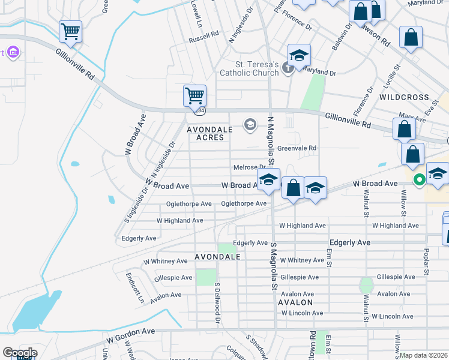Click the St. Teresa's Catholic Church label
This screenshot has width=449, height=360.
[256, 69]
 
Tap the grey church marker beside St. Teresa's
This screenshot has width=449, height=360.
[288, 68]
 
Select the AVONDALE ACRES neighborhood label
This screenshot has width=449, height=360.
[205, 133]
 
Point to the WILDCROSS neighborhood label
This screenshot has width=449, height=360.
[404, 97]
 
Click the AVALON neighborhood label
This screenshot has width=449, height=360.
[295, 303]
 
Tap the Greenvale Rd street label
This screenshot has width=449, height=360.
[297, 148]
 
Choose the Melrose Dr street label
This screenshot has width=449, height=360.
[249, 167]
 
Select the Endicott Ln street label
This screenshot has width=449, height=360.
[135, 287]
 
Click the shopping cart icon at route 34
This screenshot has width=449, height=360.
[194, 96]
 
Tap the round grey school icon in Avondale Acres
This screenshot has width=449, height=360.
[250, 124]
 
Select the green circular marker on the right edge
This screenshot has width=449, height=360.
[420, 178]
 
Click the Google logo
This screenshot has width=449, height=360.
[20, 353]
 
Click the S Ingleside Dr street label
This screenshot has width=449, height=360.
[136, 204]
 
